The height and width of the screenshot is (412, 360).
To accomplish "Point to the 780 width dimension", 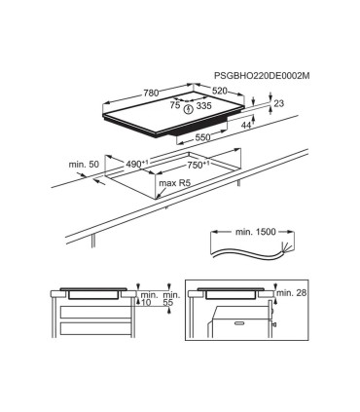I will click(x=152, y=94).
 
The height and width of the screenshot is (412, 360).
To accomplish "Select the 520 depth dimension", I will click(x=220, y=91).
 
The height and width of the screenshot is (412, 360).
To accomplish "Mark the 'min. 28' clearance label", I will click(x=292, y=292).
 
